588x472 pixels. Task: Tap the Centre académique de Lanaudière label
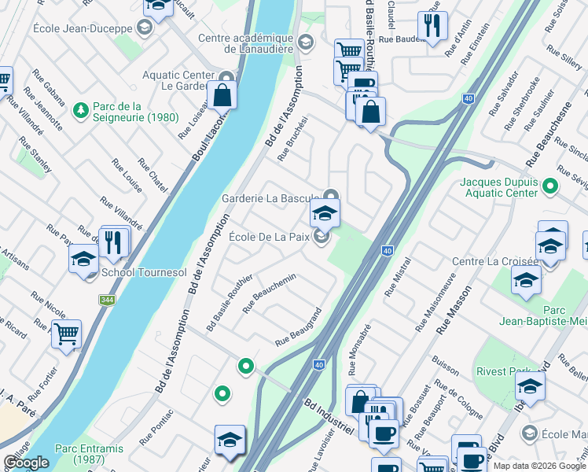(x=246, y=43)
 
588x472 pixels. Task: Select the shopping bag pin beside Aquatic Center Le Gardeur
(x=223, y=96)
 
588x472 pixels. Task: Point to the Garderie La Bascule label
(x=271, y=197)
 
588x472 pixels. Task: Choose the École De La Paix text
(x=270, y=236)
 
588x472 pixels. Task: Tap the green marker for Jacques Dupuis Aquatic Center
(x=549, y=186)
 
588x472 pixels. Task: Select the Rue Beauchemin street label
(x=269, y=293)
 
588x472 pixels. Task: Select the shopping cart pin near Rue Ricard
(x=66, y=334)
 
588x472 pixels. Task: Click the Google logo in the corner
(x=27, y=463)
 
